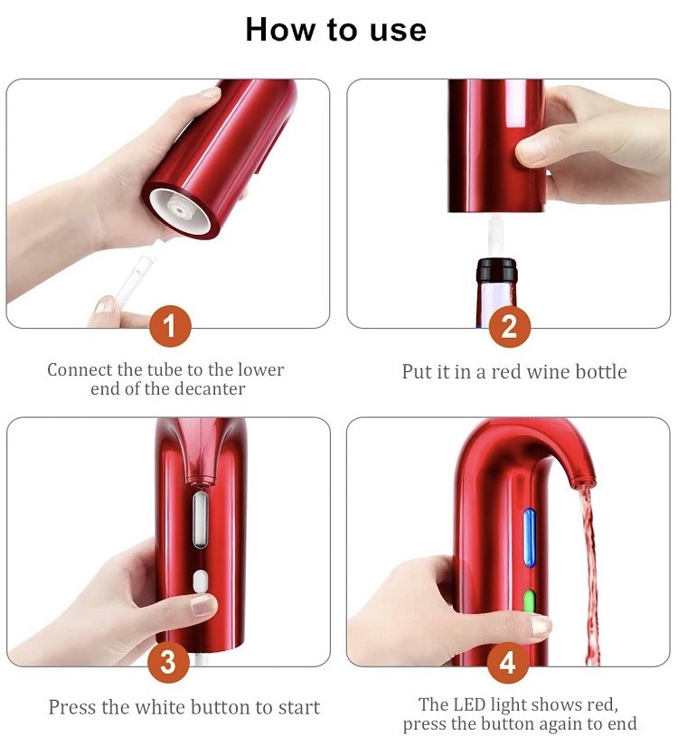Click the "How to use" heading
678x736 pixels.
tap(336, 30)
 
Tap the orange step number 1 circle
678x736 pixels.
tap(170, 326)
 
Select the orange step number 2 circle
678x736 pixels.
tap(510, 326)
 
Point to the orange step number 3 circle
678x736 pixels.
tap(168, 662)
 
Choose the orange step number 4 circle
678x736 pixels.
tap(508, 663)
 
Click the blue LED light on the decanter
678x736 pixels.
tap(530, 537)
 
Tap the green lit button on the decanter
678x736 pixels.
tap(529, 601)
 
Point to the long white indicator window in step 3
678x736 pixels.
tap(200, 519)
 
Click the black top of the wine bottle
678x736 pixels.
tap(496, 269)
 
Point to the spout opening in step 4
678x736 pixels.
tap(579, 481)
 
